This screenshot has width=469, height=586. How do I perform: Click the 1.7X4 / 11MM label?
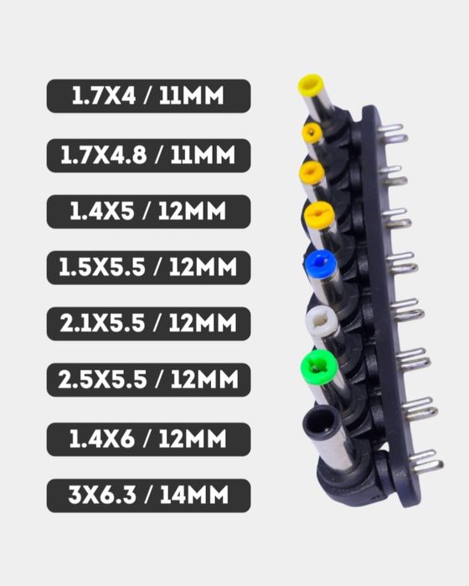[148, 96]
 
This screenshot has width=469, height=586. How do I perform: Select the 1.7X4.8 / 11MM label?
[148, 156]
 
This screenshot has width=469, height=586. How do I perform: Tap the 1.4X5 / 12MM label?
[148, 212]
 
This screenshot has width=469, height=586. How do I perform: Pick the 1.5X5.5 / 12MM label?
[148, 268]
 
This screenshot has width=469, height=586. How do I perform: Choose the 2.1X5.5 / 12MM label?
[148, 324]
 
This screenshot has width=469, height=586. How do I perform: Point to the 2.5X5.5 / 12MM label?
[148, 380]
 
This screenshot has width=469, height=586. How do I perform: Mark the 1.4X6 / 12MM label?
[148, 439]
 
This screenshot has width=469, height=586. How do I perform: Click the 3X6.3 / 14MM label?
[148, 496]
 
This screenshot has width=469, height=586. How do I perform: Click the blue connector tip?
[321, 264]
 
